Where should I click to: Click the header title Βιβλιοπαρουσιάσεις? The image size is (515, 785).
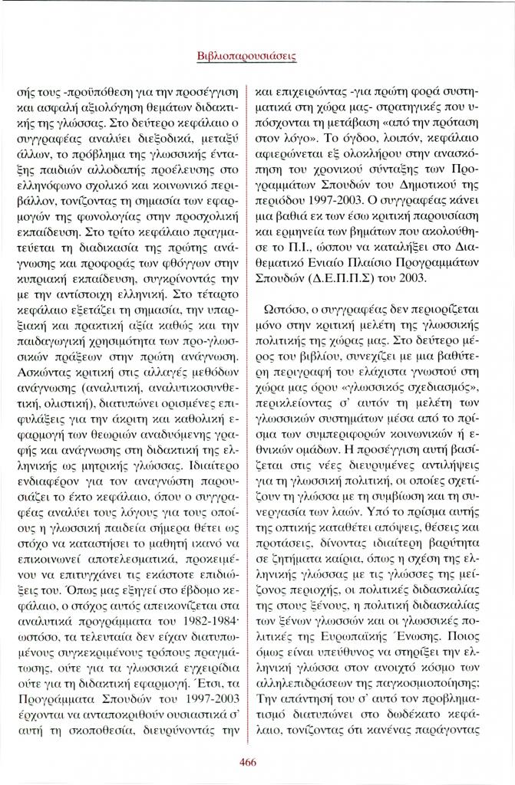coord(257,56)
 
